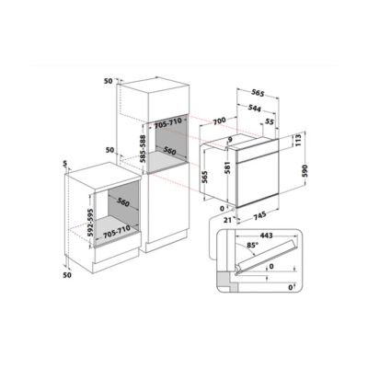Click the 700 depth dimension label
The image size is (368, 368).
tap(220, 121)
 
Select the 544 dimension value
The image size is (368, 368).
tap(254, 109)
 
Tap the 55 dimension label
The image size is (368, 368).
tap(269, 122)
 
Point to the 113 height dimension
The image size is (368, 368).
tap(299, 140)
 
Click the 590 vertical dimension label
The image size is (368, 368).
tap(305, 171)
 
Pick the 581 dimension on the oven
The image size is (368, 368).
tap(228, 167)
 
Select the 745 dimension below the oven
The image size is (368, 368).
tap(259, 216)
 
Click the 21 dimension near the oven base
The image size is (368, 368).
tap(227, 220)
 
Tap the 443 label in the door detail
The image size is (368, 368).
tap(266, 236)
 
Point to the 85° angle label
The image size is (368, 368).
tap(253, 246)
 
